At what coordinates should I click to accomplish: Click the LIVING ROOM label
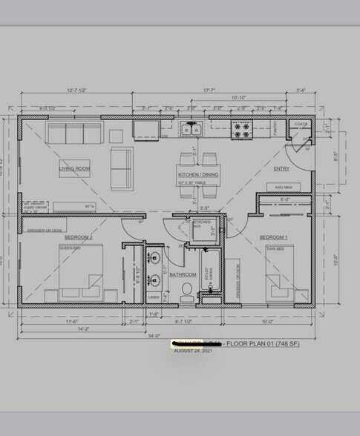(x=74, y=168)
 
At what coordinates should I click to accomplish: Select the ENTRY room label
(x=281, y=168)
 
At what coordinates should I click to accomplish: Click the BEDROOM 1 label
(x=273, y=237)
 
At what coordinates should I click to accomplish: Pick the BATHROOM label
(x=182, y=274)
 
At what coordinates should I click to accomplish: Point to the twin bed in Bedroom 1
(x=279, y=277)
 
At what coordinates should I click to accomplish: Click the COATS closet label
(x=301, y=124)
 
